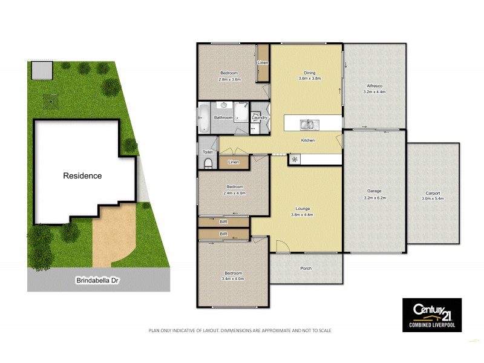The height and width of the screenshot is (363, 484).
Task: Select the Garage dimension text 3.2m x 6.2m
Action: coord(374,197)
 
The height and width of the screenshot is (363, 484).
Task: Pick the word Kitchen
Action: coord(309,141)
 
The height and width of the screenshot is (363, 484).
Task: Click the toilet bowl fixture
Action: coord(208,163)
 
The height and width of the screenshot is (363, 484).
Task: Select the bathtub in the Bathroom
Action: coord(204,118)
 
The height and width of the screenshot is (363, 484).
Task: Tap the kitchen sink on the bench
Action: coord(307,125)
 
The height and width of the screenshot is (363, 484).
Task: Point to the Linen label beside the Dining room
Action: coord(263,63)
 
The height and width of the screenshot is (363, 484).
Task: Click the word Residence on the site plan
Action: coord(82,176)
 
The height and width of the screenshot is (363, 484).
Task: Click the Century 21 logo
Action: coord(432,314)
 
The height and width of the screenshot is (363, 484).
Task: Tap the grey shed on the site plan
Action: coord(40,70)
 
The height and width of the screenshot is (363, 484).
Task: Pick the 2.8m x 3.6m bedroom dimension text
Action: coord(230,79)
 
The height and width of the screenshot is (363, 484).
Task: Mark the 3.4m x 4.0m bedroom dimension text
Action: coord(233,279)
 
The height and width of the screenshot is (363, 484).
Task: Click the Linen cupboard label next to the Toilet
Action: coord(234,162)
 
